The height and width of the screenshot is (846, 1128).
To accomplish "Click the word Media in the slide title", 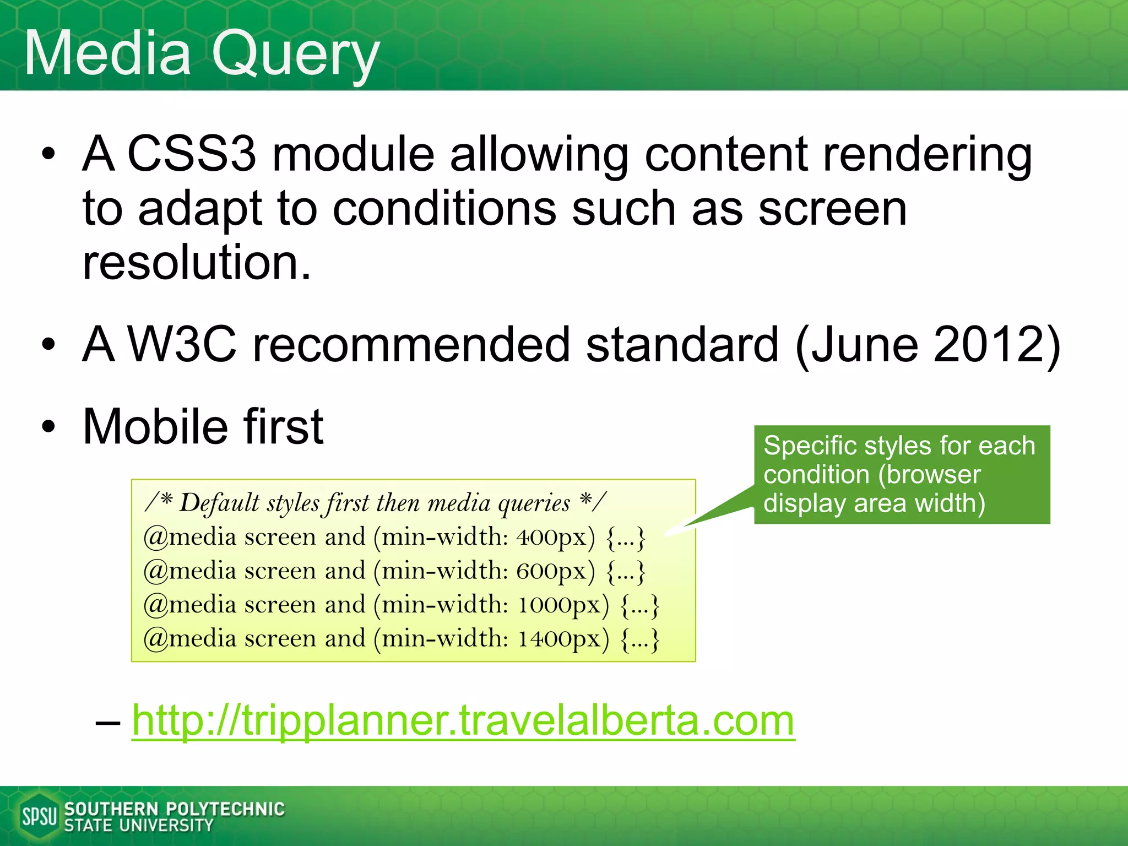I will click(x=107, y=54).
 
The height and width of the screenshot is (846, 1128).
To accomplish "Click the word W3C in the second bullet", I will click(x=182, y=345).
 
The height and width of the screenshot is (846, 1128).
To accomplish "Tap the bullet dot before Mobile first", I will click(x=48, y=426).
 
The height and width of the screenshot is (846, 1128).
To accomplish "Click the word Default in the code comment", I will click(x=220, y=503).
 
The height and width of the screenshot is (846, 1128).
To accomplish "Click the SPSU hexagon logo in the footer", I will click(x=39, y=816).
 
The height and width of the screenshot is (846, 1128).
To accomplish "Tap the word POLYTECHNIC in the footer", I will click(x=225, y=809).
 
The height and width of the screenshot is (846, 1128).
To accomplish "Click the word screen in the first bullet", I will click(x=832, y=209).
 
